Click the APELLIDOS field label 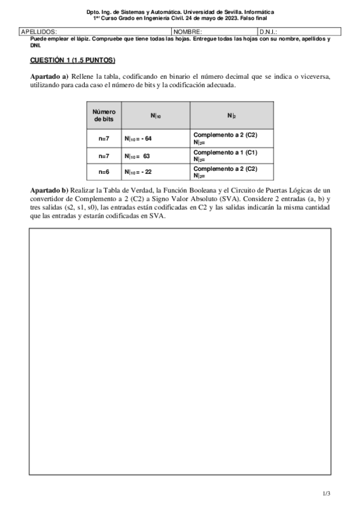[x=39, y=31]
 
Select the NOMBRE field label [x=188, y=31]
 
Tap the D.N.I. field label [x=268, y=31]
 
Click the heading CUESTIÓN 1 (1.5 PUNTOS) [x=72, y=61]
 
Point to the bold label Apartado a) [x=49, y=78]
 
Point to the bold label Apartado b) [x=49, y=190]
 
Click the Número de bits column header [x=104, y=115]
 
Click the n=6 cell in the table [x=104, y=172]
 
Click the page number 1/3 [x=326, y=494]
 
